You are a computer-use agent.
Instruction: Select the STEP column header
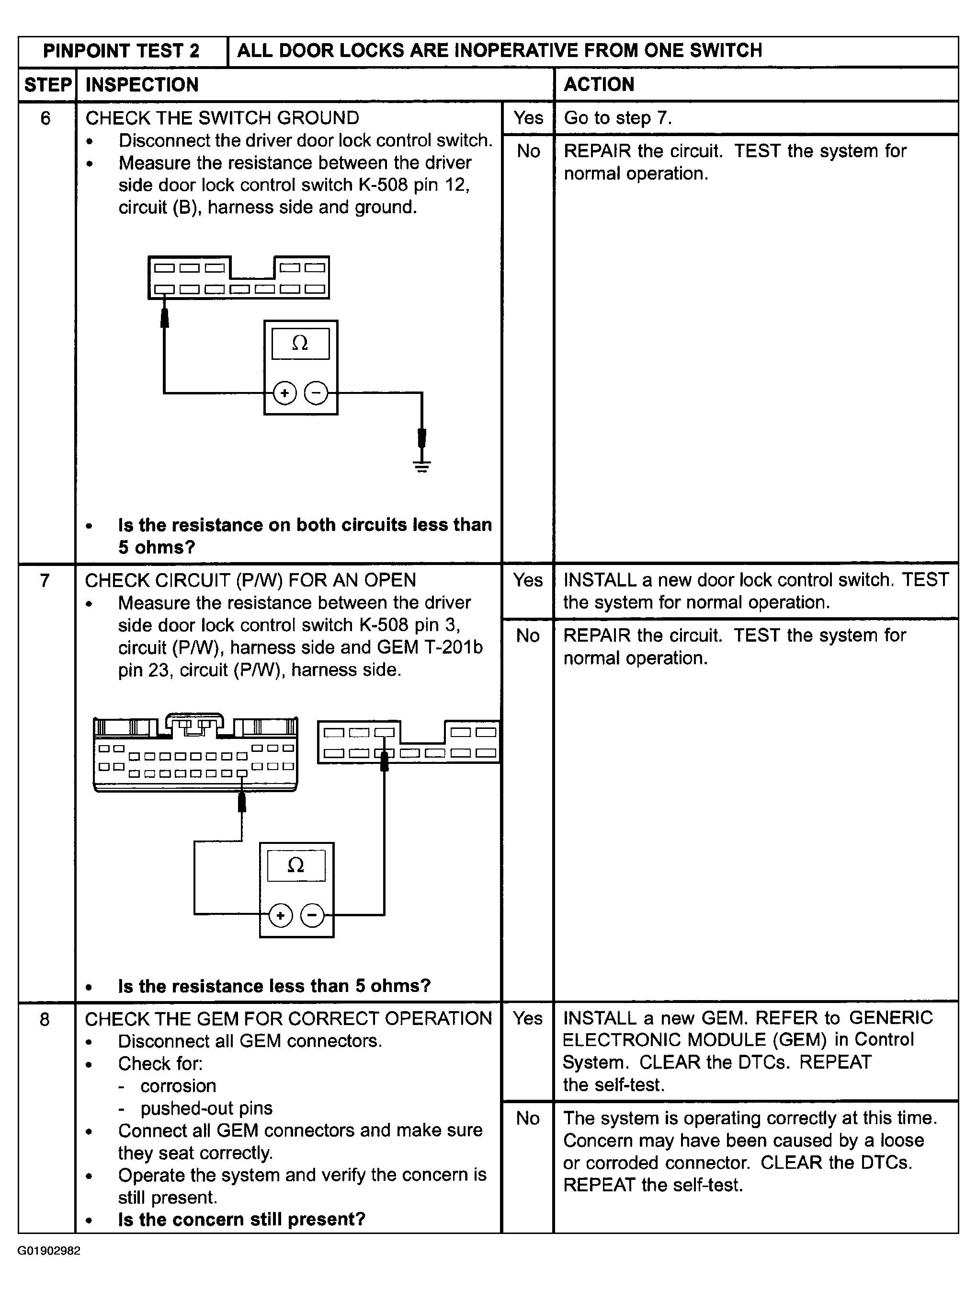tap(48, 85)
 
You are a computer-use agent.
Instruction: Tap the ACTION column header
tap(599, 85)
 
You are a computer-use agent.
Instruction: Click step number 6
tap(45, 118)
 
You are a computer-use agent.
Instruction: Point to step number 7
tap(45, 581)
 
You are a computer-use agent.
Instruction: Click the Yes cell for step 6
tap(528, 118)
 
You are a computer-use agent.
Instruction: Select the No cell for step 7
tap(527, 635)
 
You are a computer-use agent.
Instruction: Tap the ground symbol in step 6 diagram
tap(422, 466)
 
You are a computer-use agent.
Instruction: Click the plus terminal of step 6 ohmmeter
tap(284, 393)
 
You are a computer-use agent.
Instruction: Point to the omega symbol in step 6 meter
tap(300, 343)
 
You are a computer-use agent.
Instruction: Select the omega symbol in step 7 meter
tap(295, 865)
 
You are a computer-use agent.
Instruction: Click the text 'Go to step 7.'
tap(618, 118)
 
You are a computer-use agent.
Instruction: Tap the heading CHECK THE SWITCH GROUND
tap(222, 118)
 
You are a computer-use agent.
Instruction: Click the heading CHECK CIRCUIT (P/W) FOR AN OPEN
tap(250, 580)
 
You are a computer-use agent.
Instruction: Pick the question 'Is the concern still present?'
tap(241, 1219)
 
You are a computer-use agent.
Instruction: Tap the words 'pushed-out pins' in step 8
tap(206, 1108)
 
